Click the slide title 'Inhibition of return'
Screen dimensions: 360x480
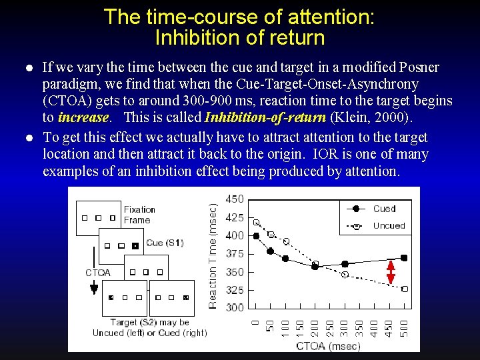click(239, 37)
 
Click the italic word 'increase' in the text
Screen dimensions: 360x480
click(83, 118)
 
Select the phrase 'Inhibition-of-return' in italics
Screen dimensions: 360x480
click(265, 118)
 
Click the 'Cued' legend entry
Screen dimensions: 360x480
click(384, 209)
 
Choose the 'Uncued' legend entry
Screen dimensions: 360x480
click(389, 226)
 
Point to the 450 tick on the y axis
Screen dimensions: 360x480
click(235, 199)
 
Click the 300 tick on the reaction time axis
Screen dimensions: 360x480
click(235, 307)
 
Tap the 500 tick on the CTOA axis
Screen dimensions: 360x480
click(404, 327)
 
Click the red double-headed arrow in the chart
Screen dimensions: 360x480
click(391, 272)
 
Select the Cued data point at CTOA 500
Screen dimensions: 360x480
click(404, 258)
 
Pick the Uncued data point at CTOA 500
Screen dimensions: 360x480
click(404, 289)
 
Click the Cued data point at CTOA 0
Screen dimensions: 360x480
click(257, 235)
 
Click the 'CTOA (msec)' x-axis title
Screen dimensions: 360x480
click(327, 345)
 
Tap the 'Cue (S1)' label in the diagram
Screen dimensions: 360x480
click(164, 243)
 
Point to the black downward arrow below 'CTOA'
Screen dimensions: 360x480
click(94, 288)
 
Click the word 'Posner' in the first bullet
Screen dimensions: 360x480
click(419, 68)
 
